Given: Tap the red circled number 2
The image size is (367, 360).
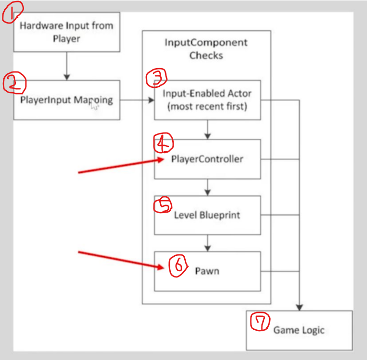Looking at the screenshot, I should pos(13,84).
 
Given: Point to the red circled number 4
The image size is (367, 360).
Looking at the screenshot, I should pos(163,143).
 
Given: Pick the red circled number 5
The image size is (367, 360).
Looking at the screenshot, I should pos(162,205).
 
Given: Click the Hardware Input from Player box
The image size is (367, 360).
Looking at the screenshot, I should pos(66,32).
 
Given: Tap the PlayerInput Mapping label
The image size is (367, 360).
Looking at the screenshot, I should pos(67,100).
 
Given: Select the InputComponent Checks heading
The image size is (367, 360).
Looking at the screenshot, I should pos(206,48).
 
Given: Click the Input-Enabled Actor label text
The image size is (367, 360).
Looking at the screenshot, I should pos(207,100).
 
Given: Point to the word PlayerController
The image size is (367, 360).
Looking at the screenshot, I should pos(207,159).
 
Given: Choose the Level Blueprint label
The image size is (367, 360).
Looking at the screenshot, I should pos(207,215).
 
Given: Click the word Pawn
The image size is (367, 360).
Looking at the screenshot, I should pos(207,271).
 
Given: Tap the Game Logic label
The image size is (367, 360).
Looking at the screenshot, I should pos(299,330).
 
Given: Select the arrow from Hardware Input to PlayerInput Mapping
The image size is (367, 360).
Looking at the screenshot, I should pos(67,66).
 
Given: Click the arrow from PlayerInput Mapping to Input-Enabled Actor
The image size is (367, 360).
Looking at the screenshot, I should pos(137,100).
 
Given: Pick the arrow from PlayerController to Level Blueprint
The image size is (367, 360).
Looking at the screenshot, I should pos(207,187).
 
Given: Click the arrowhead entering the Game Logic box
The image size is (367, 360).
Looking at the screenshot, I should pos(300,307).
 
